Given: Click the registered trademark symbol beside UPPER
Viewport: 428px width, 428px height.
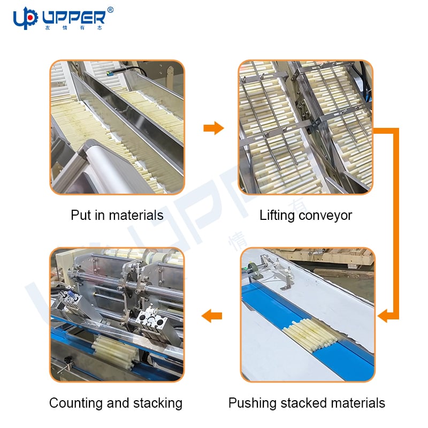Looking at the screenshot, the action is [x=110, y=10].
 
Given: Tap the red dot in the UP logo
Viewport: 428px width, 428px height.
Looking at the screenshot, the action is [x=30, y=18].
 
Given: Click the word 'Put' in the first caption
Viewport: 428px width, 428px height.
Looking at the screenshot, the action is [x=81, y=215].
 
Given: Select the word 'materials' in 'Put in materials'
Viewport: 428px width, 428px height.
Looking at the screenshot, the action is [x=136, y=215].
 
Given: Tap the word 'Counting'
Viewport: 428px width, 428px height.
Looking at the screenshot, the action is [x=76, y=403].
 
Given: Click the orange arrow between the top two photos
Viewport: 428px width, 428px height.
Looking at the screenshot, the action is [x=213, y=128].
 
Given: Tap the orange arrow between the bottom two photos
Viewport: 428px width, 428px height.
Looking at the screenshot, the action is [x=211, y=316].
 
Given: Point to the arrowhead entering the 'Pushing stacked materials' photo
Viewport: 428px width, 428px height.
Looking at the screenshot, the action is [x=383, y=316].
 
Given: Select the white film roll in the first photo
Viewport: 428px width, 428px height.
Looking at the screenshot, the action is [x=109, y=166].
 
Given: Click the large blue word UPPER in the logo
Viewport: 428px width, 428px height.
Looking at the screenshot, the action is [x=74, y=18].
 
